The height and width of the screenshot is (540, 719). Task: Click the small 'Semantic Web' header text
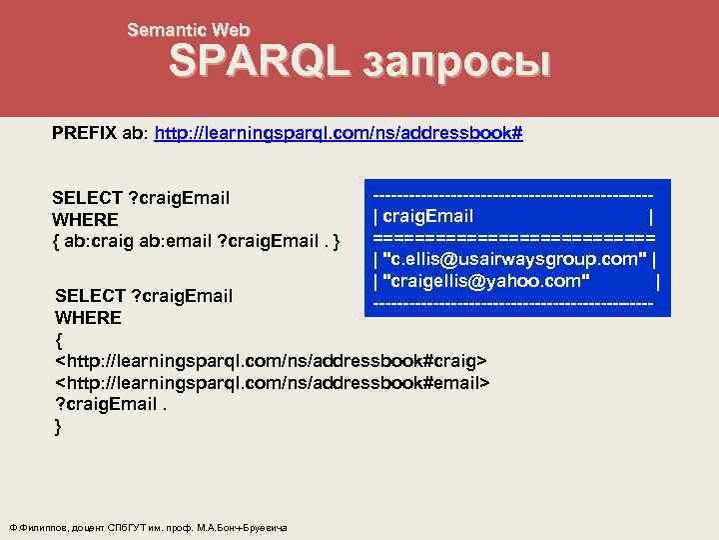pyautogui.click(x=189, y=31)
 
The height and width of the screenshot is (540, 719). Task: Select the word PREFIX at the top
pyautogui.click(x=85, y=134)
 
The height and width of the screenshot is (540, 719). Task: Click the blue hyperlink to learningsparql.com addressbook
pyautogui.click(x=341, y=134)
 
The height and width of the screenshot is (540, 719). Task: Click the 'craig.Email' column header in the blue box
pyautogui.click(x=428, y=218)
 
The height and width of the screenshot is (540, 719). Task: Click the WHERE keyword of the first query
pyautogui.click(x=86, y=219)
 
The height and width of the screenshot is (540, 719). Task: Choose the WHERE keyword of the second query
pyautogui.click(x=89, y=318)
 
